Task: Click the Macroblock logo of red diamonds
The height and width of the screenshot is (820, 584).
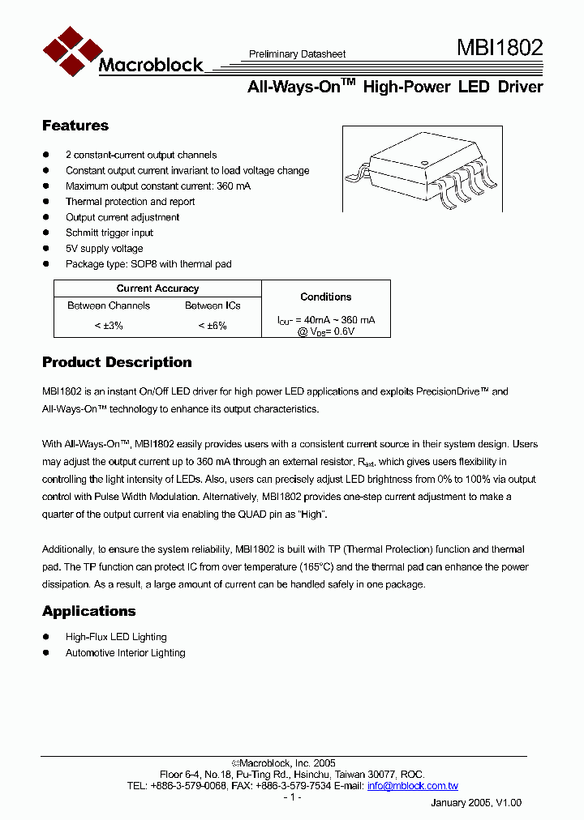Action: coord(70,51)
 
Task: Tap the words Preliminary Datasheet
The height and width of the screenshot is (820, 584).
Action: coord(297,54)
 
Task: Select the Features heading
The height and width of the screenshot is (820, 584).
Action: coord(75,126)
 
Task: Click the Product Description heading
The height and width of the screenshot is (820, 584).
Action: coord(117,362)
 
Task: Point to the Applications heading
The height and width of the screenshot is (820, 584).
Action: coord(88,611)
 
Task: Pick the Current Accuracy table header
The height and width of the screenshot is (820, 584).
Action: coord(157,288)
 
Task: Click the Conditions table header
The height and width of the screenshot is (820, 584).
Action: coord(325,297)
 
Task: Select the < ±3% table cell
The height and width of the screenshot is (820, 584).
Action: coord(108,325)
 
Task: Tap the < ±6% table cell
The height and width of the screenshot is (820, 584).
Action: coord(213,325)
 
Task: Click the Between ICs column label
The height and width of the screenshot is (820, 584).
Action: coord(213,305)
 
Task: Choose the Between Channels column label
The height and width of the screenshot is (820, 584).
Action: coord(109,305)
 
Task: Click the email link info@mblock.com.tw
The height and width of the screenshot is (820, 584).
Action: coord(412,786)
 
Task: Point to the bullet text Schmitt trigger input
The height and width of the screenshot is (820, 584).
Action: coord(109,233)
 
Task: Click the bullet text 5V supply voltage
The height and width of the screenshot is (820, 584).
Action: coord(104,249)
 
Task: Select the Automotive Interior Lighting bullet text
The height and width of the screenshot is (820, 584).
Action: coord(125,653)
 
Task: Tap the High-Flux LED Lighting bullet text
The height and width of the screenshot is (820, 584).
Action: coord(116,637)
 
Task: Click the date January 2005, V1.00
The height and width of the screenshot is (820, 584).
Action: coord(475,802)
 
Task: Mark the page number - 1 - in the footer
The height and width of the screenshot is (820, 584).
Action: coord(292,797)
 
